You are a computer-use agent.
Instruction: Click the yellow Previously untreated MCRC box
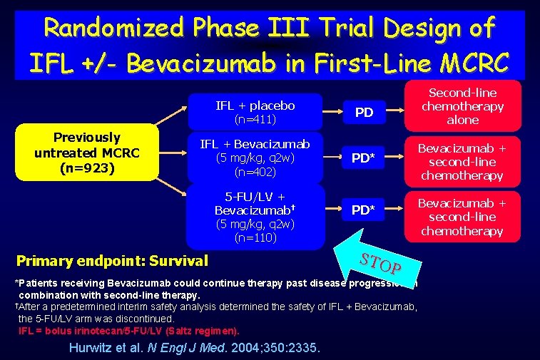click(x=87, y=153)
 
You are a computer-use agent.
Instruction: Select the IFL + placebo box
click(x=255, y=111)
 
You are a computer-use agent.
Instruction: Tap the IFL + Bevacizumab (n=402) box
click(x=255, y=158)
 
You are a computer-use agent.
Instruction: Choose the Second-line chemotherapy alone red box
click(x=462, y=106)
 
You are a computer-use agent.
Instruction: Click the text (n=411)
click(x=255, y=118)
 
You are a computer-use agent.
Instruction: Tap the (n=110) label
click(x=255, y=237)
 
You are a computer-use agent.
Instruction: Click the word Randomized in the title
click(x=113, y=28)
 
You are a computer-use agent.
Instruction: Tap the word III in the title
click(x=288, y=28)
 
